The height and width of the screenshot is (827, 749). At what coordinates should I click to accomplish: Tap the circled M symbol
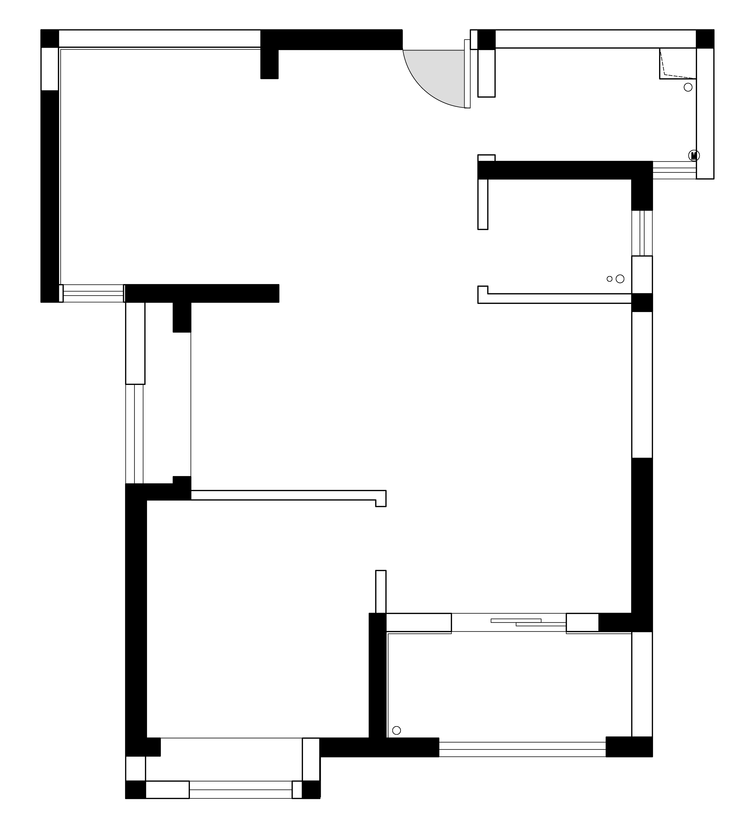[694, 155]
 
